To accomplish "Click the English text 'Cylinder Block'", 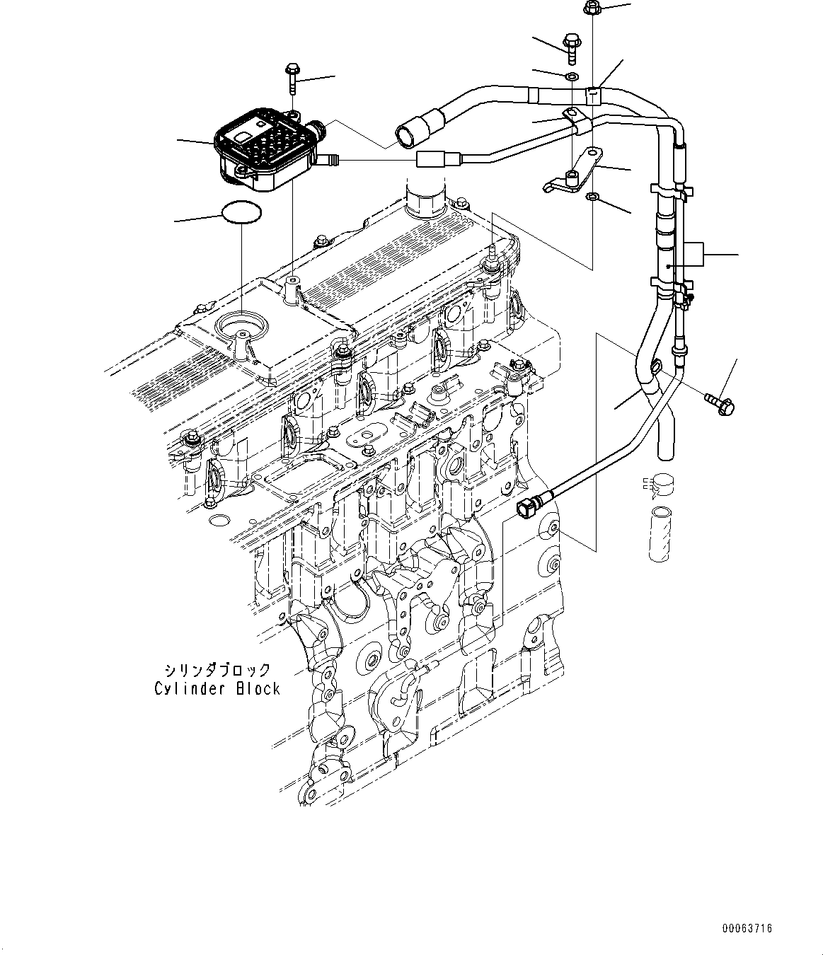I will click(217, 688).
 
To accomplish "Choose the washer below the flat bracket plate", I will click(592, 196).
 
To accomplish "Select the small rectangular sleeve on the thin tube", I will click(431, 160).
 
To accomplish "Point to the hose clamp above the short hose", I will click(662, 486).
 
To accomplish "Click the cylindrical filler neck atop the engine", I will click(425, 199).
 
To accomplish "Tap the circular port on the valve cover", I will click(243, 327).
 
